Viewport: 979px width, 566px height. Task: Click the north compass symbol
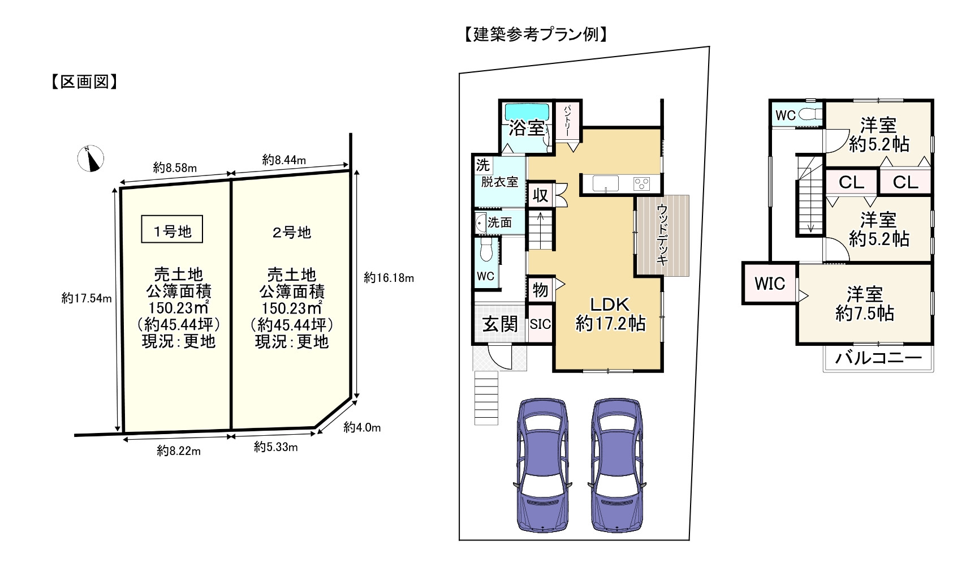click(90, 158)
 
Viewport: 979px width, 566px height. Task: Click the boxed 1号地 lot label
click(172, 229)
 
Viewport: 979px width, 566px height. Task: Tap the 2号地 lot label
click(292, 232)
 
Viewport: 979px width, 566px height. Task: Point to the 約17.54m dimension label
click(87, 298)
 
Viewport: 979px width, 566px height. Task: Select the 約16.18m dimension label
click(389, 278)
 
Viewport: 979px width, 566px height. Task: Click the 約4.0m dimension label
click(362, 427)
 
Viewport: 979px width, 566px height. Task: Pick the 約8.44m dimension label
click(284, 160)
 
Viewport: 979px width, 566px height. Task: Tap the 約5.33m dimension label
click(276, 447)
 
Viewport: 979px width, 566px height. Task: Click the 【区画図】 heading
click(84, 83)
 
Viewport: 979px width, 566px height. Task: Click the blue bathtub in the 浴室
click(527, 111)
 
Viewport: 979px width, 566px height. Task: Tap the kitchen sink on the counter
click(606, 183)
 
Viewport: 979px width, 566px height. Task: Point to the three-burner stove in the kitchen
click(642, 183)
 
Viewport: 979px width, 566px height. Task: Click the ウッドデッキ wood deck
click(662, 235)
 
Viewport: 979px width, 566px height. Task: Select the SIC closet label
click(540, 324)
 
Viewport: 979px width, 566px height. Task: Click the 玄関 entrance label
click(500, 324)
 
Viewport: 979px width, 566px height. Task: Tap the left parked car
click(542, 465)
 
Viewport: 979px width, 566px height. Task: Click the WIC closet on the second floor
click(770, 283)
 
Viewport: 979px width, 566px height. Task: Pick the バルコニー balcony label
click(878, 358)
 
